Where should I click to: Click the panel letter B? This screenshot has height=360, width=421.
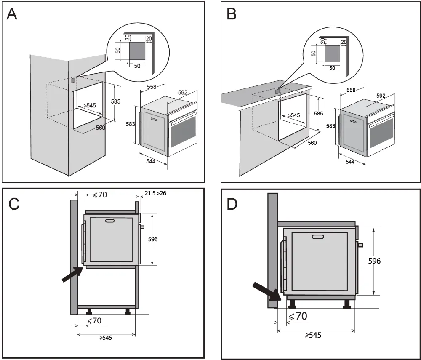232,15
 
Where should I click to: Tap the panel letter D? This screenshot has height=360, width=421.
232,204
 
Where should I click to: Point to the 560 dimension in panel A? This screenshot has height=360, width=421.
101,128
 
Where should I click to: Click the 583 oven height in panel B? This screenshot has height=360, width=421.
330,126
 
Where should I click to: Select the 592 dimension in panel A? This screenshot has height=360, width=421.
182,93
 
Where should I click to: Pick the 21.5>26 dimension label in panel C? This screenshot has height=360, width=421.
155,193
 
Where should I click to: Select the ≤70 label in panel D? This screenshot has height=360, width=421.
298,316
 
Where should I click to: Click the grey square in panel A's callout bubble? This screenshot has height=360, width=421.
137,53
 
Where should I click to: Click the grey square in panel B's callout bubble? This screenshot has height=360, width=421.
332,54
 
